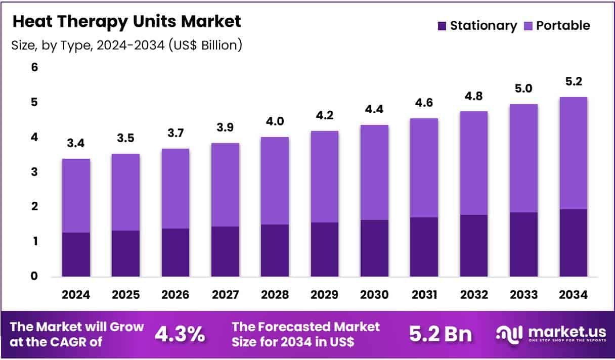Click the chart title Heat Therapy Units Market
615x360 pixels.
[126, 21]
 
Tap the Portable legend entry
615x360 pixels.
[556, 25]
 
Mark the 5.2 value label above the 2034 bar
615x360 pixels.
[573, 82]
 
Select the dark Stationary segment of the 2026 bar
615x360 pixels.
[175, 252]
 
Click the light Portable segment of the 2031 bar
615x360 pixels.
[424, 168]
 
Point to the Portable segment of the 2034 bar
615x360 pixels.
[573, 153]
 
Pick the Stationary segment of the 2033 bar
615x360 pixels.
[523, 244]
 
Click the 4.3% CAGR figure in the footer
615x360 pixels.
[180, 334]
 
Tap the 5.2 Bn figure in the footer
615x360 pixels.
[440, 334]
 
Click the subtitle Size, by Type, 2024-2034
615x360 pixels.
[126, 45]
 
